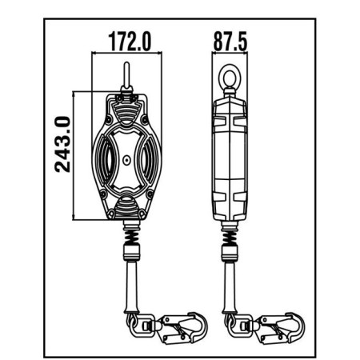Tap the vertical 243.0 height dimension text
click(63, 144)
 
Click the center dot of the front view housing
click(126, 159)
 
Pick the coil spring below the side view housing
click(230, 236)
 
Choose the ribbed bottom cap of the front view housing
click(126, 210)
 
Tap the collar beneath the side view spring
click(230, 255)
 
